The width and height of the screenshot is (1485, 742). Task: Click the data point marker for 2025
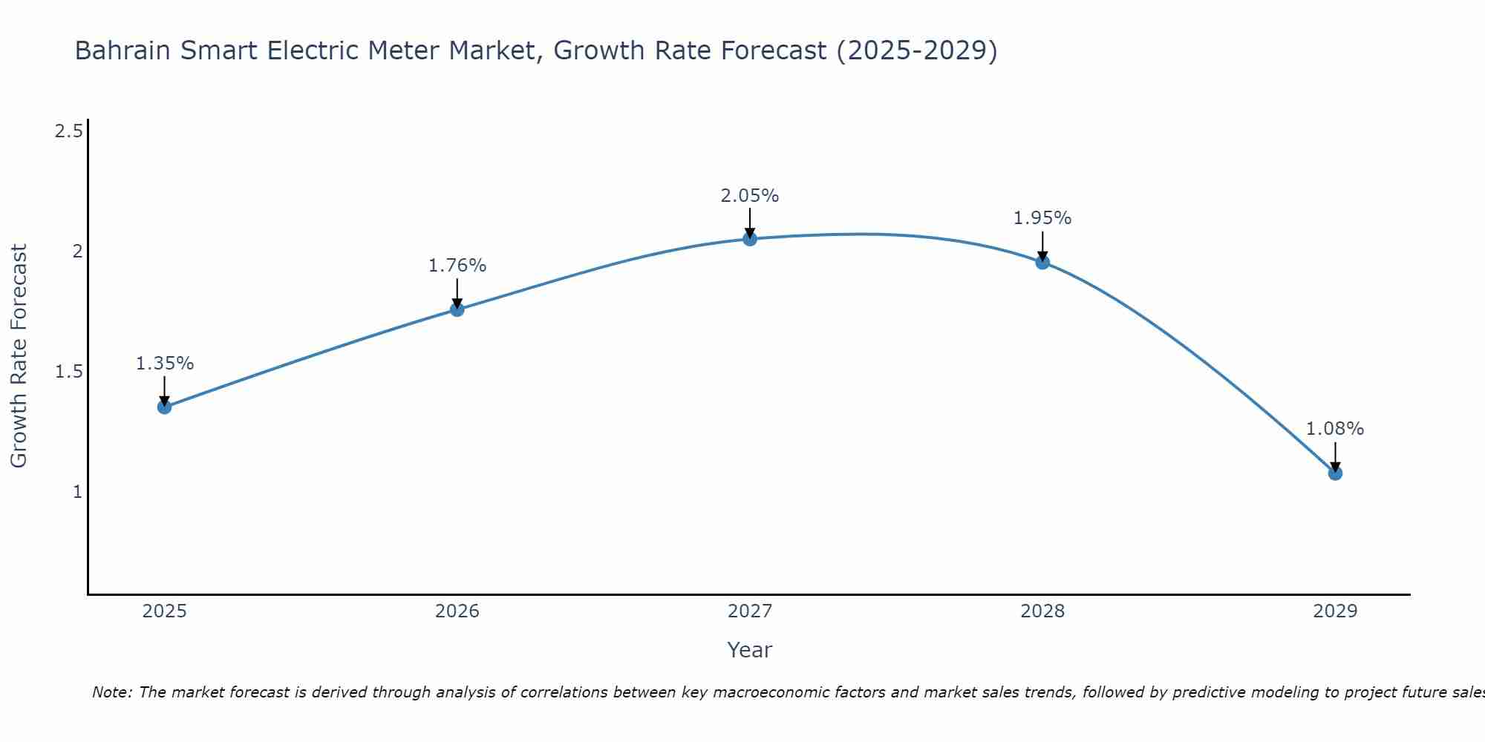165,407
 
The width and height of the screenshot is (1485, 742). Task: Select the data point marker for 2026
457,309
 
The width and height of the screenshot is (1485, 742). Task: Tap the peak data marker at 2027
750,239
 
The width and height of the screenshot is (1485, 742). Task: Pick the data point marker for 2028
1042,262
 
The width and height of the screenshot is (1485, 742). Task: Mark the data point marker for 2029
1335,473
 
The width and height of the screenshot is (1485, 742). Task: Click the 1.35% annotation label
165,364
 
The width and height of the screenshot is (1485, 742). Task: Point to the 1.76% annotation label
457,266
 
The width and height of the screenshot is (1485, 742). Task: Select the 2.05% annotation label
750,196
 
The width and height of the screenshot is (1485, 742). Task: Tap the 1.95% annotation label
1042,218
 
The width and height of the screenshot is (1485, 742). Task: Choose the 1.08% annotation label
1335,429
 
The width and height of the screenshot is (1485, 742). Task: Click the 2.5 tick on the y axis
69,131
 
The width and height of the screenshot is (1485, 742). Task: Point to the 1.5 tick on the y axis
69,372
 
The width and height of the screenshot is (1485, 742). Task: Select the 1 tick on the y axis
77,492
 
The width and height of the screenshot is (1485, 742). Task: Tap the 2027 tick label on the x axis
750,611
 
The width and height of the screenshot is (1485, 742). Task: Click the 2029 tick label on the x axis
1335,611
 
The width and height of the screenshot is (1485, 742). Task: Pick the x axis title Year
750,650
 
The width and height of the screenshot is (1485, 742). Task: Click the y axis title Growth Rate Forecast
19,356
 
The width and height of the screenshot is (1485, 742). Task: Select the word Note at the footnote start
111,692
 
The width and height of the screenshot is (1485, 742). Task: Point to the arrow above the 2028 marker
1042,245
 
